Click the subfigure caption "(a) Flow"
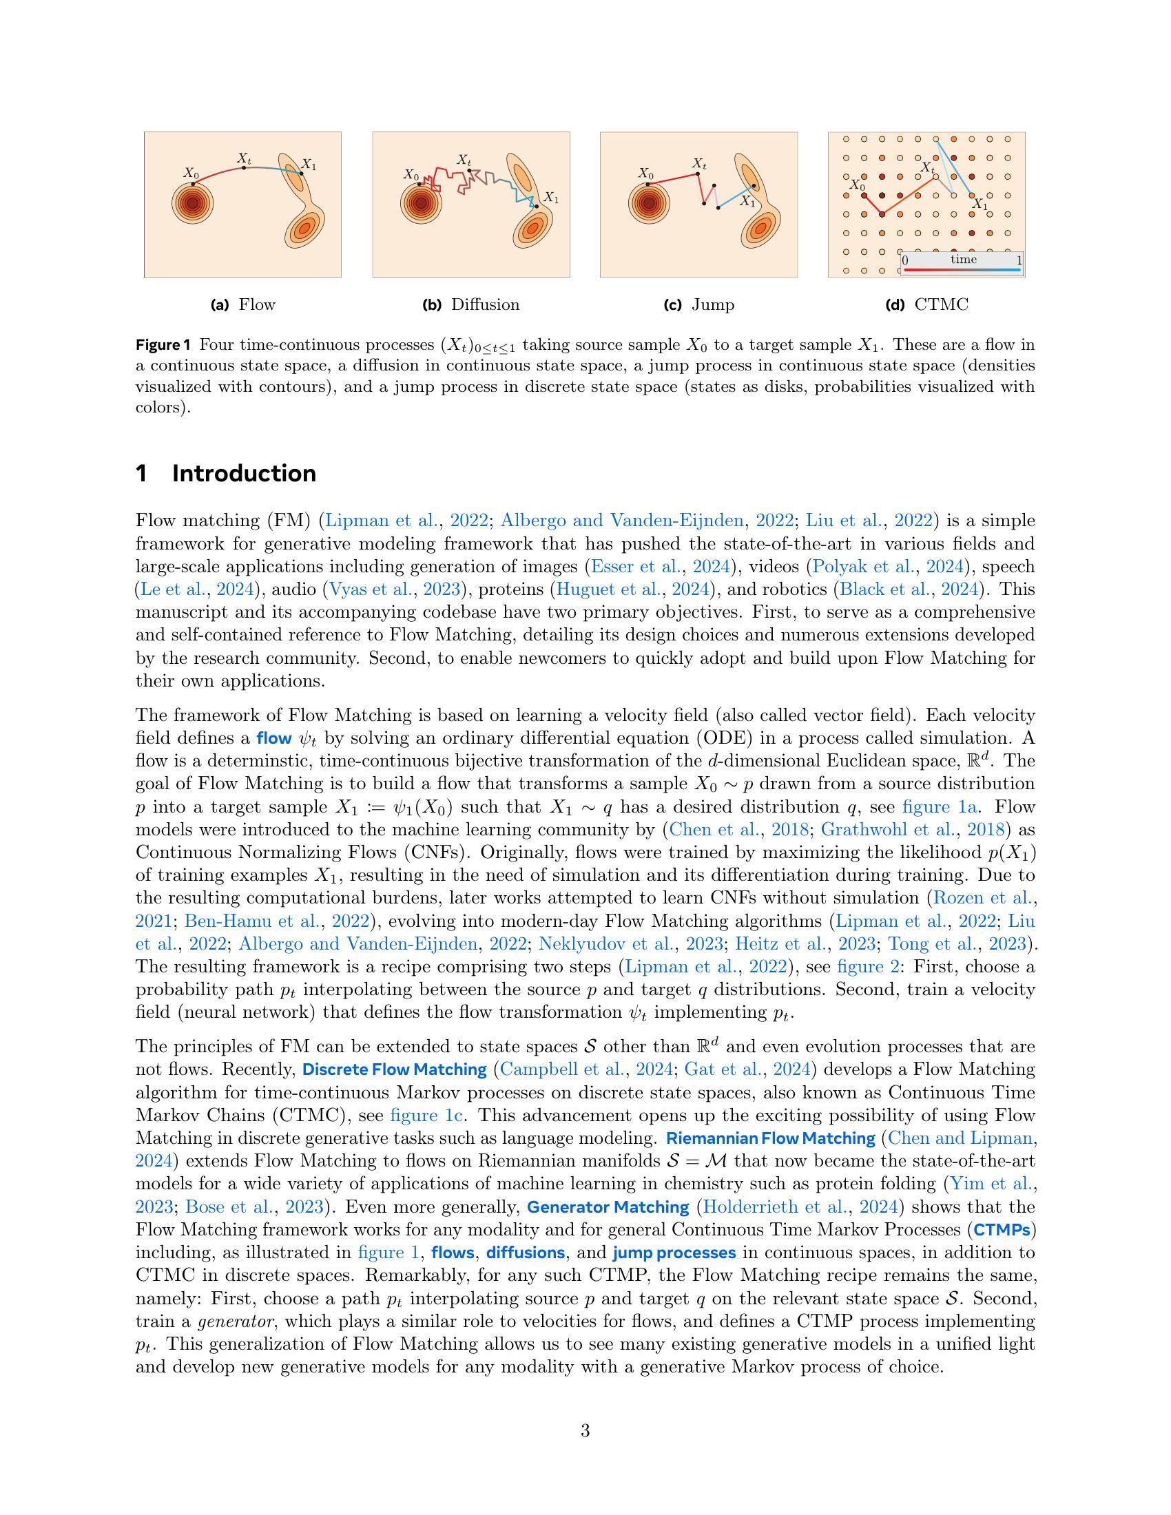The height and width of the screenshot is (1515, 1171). pyautogui.click(x=242, y=304)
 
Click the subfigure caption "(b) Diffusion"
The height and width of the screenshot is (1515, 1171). pyautogui.click(x=471, y=304)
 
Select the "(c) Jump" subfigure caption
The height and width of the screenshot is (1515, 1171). pyautogui.click(x=699, y=304)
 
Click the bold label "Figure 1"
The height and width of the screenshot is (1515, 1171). pyautogui.click(x=163, y=345)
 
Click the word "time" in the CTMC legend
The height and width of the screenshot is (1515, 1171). pyautogui.click(x=964, y=260)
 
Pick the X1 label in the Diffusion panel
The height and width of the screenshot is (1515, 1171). pyautogui.click(x=552, y=197)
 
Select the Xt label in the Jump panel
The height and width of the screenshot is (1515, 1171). pyautogui.click(x=699, y=164)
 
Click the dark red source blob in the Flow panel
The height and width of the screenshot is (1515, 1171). pyautogui.click(x=192, y=204)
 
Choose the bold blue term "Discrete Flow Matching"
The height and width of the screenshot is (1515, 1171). pyautogui.click(x=395, y=1069)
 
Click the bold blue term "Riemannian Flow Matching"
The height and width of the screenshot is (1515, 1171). pyautogui.click(x=771, y=1138)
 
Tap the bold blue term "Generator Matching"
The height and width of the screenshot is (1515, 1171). pyautogui.click(x=608, y=1207)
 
